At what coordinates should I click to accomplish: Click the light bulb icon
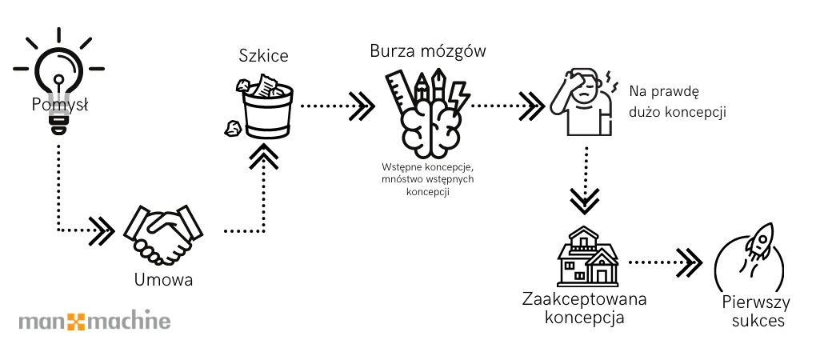[59, 80]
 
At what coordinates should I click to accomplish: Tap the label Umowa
[163, 281]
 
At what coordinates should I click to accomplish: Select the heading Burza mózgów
[427, 51]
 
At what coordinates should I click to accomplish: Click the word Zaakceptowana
[584, 300]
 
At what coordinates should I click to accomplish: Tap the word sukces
[756, 321]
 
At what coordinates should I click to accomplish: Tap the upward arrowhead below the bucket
[264, 156]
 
